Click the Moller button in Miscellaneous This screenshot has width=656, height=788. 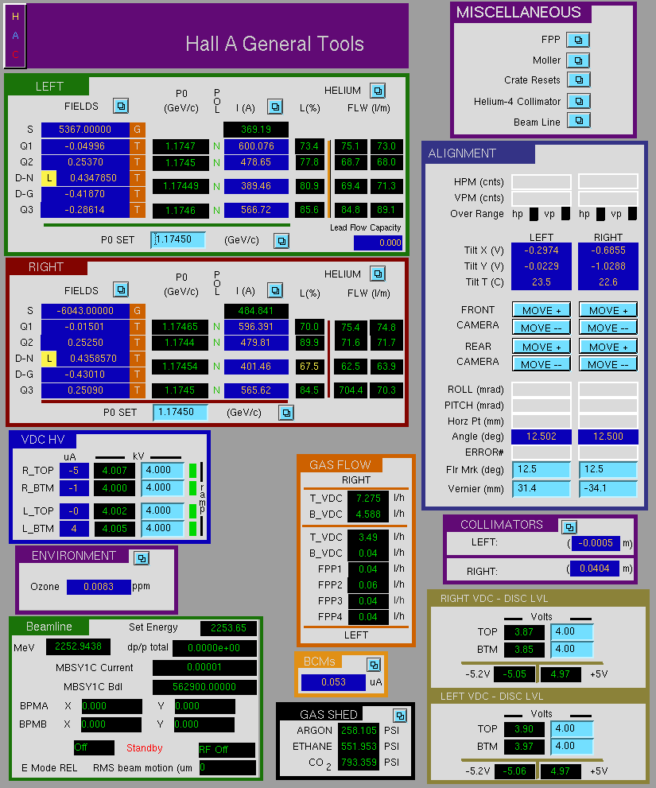click(578, 60)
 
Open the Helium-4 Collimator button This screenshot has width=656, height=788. click(579, 101)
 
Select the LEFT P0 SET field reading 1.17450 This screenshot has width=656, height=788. click(178, 239)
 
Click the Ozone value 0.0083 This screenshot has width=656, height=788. click(99, 587)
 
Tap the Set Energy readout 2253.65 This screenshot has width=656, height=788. click(228, 627)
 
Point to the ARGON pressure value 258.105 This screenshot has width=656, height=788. click(359, 730)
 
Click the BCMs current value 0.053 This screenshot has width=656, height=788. click(333, 682)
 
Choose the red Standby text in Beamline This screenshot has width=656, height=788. click(144, 747)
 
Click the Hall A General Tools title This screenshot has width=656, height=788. click(274, 44)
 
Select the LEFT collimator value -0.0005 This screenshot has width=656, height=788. click(596, 543)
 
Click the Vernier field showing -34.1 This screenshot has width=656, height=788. click(607, 488)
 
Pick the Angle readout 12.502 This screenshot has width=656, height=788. click(541, 437)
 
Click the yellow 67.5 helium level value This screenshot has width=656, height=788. click(309, 367)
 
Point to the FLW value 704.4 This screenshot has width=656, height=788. click(351, 390)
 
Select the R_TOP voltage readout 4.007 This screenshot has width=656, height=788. click(115, 471)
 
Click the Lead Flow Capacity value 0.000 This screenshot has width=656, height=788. click(378, 243)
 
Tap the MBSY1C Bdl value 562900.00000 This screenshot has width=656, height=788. click(204, 686)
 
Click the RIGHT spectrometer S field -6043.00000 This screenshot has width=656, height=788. click(85, 311)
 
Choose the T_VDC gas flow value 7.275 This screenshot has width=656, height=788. click(368, 498)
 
